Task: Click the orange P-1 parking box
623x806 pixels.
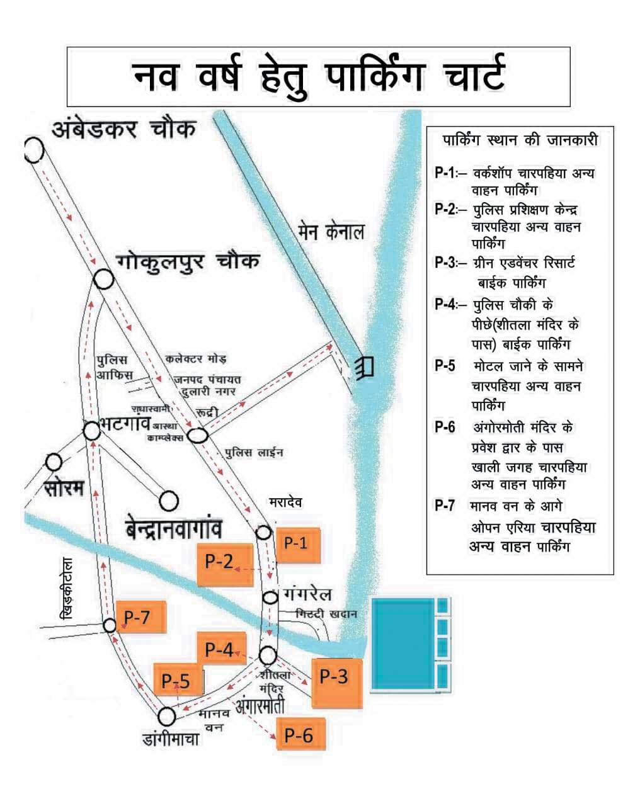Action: pos(298,546)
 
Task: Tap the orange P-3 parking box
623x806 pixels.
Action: pos(337,683)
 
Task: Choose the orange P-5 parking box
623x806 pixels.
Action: pos(178,680)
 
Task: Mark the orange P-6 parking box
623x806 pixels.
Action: pos(301,734)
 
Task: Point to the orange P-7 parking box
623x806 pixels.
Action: pos(141,618)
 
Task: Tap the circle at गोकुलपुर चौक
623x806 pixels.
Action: pos(104,279)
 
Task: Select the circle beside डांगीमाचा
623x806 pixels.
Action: pos(167,716)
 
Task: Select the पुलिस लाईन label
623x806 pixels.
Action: pos(254,452)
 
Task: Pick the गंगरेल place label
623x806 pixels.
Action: pos(307,594)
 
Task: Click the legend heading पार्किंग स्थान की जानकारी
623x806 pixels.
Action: pos(520,139)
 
